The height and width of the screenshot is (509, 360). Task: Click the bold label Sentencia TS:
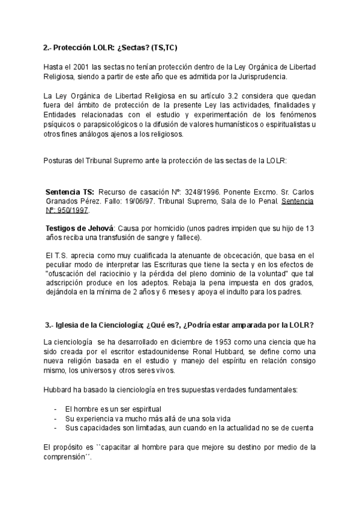[70, 191]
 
